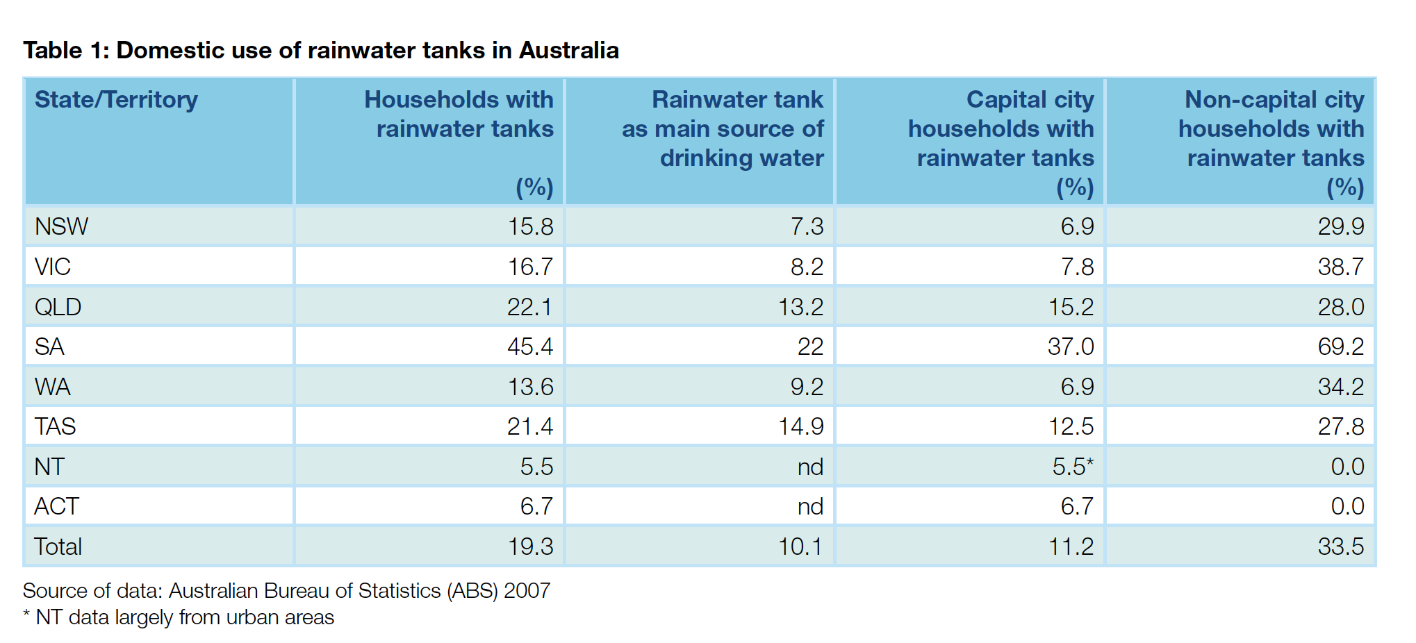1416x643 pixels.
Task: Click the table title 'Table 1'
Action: click(320, 51)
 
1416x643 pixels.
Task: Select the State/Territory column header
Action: click(116, 100)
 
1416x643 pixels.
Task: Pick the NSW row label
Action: click(61, 226)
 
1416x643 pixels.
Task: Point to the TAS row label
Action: click(56, 426)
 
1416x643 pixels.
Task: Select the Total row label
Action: click(58, 546)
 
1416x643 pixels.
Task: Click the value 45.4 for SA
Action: click(529, 346)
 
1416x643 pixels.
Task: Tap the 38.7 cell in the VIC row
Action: click(1340, 267)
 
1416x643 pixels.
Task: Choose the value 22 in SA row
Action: click(809, 346)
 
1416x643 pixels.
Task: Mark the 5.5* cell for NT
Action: click(1072, 467)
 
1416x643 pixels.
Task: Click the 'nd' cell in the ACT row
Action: click(809, 506)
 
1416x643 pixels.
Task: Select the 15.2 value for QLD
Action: click(1070, 307)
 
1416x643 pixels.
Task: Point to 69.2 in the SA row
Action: click(1340, 346)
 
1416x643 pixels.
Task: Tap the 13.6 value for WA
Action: click(529, 387)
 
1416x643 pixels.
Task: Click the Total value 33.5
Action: click(1340, 546)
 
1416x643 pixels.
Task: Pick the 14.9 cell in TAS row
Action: click(800, 426)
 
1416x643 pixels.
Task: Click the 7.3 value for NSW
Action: click(806, 226)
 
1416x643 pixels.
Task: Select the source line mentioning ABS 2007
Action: click(286, 591)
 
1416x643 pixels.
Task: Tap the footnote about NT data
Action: click(179, 617)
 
